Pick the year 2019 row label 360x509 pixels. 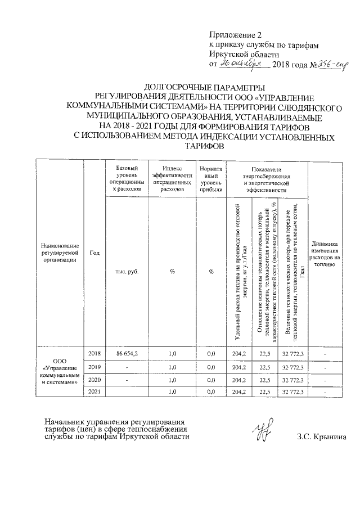pyautogui.click(x=94, y=367)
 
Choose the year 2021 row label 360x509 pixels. pyautogui.click(x=94, y=391)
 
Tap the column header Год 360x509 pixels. pyautogui.click(x=94, y=252)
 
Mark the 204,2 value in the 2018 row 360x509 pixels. pyautogui.click(x=240, y=353)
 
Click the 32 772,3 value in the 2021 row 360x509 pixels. pyautogui.click(x=292, y=391)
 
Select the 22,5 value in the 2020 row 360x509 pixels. pyautogui.click(x=264, y=380)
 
